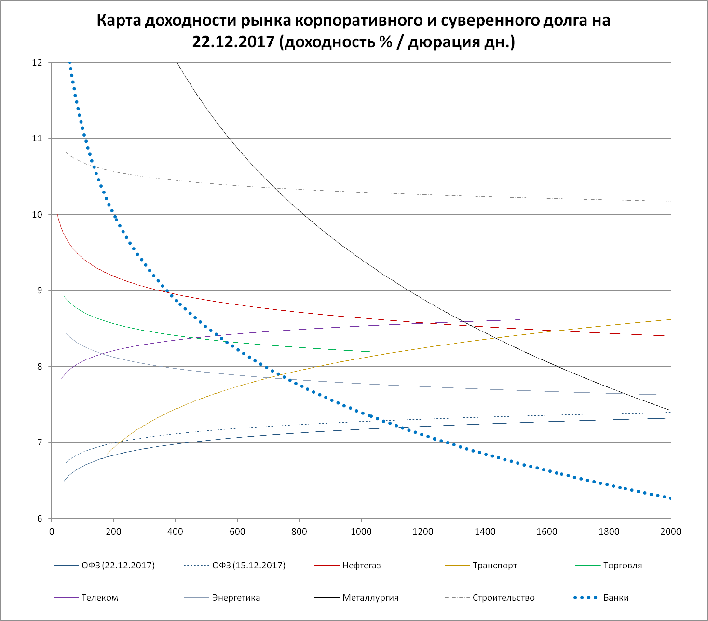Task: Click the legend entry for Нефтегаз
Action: pyautogui.click(x=361, y=566)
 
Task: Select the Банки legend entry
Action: pyautogui.click(x=616, y=598)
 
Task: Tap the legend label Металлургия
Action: pyautogui.click(x=370, y=598)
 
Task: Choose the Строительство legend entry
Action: pyautogui.click(x=504, y=598)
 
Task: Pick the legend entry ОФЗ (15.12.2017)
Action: pyautogui.click(x=249, y=566)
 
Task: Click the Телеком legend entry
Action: pyautogui.click(x=100, y=598)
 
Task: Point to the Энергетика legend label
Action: pyautogui.click(x=236, y=598)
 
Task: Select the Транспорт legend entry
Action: pyautogui.click(x=495, y=566)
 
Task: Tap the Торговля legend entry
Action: pyautogui.click(x=623, y=566)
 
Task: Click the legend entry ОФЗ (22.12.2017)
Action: pyautogui.click(x=118, y=566)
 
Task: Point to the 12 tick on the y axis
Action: pyautogui.click(x=37, y=63)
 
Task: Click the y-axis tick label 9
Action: pyautogui.click(x=40, y=290)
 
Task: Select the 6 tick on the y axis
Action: pyautogui.click(x=40, y=519)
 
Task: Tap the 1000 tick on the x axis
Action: pyautogui.click(x=361, y=532)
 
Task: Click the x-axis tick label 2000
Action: pyautogui.click(x=670, y=532)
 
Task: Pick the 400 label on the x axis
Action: pyautogui.click(x=175, y=532)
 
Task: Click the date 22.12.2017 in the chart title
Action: pyautogui.click(x=233, y=42)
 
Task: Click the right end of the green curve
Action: pyautogui.click(x=377, y=352)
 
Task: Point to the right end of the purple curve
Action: pyautogui.click(x=520, y=319)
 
